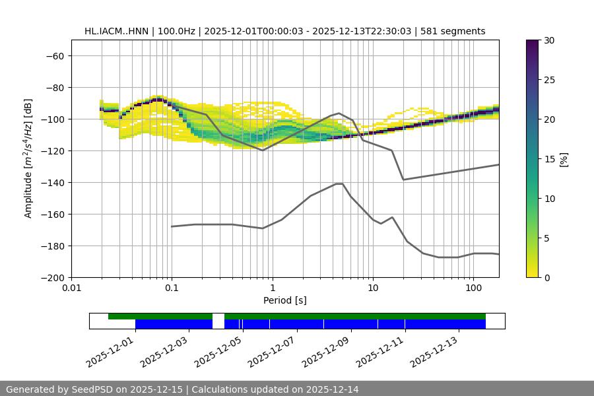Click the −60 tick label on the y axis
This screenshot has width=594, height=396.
pos(54,56)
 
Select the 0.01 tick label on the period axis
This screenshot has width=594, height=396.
pos(71,288)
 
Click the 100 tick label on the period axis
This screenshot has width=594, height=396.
pos(473,288)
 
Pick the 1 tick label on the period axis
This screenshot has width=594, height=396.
pos(272,288)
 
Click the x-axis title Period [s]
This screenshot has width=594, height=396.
pos(284,301)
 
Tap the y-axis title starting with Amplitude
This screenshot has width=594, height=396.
pos(28,158)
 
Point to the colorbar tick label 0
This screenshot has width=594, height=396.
pos(547,278)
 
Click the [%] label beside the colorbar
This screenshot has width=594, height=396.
pos(564,159)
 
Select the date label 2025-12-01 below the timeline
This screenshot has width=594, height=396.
pos(110,350)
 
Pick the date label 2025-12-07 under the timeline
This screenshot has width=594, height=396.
pos(271,350)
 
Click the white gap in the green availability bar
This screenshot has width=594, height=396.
pos(218,317)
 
